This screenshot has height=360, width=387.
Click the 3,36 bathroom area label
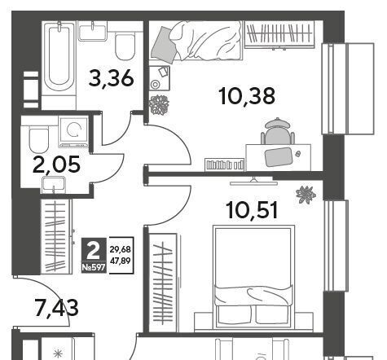(112, 78)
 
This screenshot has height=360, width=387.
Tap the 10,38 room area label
(247, 96)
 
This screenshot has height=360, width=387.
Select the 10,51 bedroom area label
(252, 210)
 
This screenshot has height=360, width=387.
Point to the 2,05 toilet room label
(56, 165)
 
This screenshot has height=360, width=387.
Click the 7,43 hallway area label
(57, 307)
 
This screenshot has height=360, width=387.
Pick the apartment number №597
(94, 268)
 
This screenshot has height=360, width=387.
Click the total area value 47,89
(121, 261)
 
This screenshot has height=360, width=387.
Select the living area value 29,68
(121, 249)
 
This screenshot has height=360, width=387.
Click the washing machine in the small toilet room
(74, 131)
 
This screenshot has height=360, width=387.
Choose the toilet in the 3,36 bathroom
(125, 46)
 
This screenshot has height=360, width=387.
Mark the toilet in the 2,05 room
(39, 139)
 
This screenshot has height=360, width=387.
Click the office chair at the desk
(278, 131)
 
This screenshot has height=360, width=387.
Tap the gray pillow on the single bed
(165, 46)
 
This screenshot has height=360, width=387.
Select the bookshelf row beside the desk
(225, 165)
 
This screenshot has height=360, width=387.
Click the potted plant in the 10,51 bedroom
(306, 195)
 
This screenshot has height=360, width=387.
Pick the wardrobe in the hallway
(56, 237)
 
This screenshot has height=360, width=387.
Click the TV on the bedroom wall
(253, 182)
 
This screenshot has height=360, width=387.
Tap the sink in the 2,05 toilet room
(54, 185)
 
